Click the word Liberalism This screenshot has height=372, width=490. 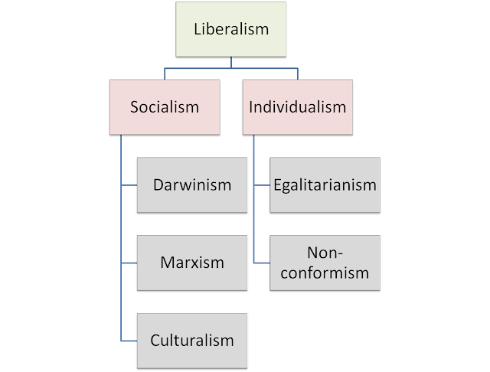click(x=230, y=30)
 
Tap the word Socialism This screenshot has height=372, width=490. click(x=165, y=107)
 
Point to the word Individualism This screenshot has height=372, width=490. click(x=297, y=107)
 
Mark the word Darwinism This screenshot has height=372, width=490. click(x=192, y=185)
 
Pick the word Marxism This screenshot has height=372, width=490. click(x=192, y=263)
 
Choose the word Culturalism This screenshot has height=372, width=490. click(x=192, y=340)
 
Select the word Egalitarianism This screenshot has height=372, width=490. click(x=325, y=185)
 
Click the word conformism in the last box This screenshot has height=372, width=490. click(x=325, y=272)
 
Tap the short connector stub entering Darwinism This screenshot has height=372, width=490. click(x=129, y=185)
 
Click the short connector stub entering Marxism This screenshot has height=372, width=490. click(x=129, y=263)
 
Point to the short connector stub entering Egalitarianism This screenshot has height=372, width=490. click(x=261, y=185)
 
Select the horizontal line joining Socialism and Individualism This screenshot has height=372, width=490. click(x=230, y=69)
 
